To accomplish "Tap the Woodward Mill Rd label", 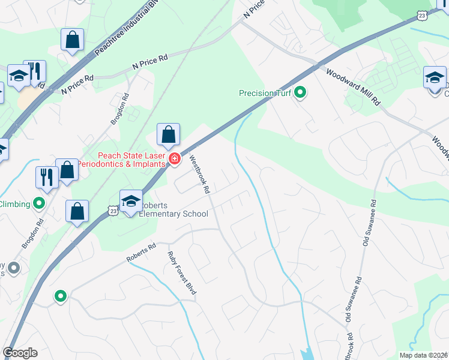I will [x=353, y=87].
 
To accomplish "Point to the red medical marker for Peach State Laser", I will [x=174, y=159].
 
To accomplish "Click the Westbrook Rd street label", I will [x=199, y=175].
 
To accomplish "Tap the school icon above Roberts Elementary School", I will [x=131, y=202].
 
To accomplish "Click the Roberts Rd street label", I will [x=141, y=253].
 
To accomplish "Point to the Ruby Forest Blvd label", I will [x=181, y=273].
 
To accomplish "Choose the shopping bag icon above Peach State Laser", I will [x=169, y=134].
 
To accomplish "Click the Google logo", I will [x=20, y=353].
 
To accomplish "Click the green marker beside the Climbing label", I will [x=39, y=203].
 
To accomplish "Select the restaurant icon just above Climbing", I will [x=46, y=176].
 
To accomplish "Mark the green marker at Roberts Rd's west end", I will [x=60, y=296].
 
